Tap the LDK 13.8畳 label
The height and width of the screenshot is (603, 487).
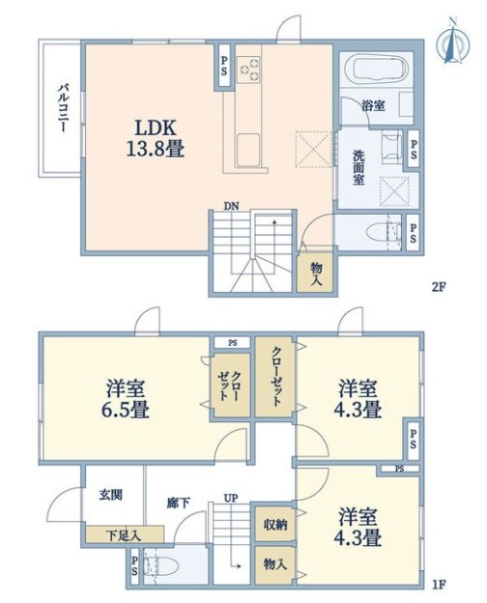tap(155, 138)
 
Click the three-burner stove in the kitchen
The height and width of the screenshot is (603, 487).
tap(248, 70)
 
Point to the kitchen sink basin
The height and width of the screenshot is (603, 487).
tap(247, 149)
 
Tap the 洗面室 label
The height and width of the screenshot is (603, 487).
tap(358, 167)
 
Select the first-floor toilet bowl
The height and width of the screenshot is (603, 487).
tap(162, 567)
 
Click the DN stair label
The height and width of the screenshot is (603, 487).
tap(232, 206)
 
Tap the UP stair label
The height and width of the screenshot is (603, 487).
tap(231, 498)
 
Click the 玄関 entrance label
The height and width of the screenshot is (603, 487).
tap(111, 494)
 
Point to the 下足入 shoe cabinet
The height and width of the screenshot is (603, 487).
tap(125, 535)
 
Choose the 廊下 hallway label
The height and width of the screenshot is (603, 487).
tap(178, 502)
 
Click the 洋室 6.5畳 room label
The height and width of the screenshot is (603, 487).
tap(126, 399)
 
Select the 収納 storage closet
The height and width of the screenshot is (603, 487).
tap(275, 524)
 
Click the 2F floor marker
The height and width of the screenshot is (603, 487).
tap(438, 286)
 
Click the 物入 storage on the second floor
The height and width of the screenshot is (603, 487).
tap(315, 273)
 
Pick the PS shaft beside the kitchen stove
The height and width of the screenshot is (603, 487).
tap(223, 66)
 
